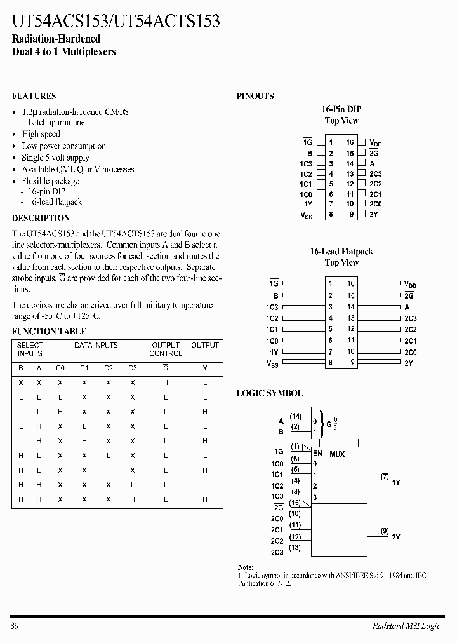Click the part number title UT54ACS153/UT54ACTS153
pyautogui.click(x=116, y=21)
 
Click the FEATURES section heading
pyautogui.click(x=34, y=97)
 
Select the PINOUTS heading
pyautogui.click(x=255, y=97)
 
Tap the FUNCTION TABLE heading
pyautogui.click(x=50, y=332)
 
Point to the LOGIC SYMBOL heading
pyautogui.click(x=270, y=394)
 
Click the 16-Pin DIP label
pyautogui.click(x=341, y=109)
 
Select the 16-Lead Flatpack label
pyautogui.click(x=341, y=252)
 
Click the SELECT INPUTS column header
pyautogui.click(x=30, y=349)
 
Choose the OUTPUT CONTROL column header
pyautogui.click(x=166, y=349)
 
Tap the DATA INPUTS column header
pyautogui.click(x=96, y=346)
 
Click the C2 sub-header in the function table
pyautogui.click(x=109, y=368)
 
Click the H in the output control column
pyautogui.click(x=166, y=383)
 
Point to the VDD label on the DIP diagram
pyautogui.click(x=376, y=144)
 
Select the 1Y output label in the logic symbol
pyautogui.click(x=395, y=483)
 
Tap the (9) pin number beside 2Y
pyautogui.click(x=385, y=531)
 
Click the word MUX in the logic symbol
pyautogui.click(x=337, y=454)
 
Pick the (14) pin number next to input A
pyautogui.click(x=295, y=416)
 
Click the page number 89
pyautogui.click(x=16, y=626)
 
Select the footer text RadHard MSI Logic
pyautogui.click(x=406, y=626)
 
